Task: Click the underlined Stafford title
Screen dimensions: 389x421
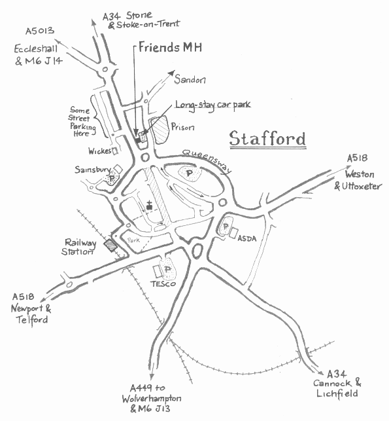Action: tap(267, 139)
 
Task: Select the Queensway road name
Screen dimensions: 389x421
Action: tap(207, 159)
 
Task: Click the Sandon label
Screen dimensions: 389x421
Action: tap(190, 79)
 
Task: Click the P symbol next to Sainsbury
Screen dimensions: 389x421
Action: tap(112, 177)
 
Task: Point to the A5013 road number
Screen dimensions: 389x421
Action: tap(39, 31)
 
